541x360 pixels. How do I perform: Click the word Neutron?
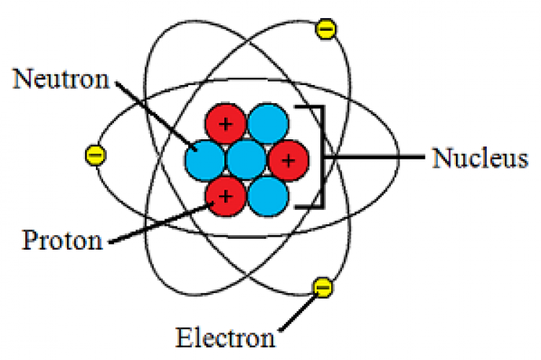(x=61, y=79)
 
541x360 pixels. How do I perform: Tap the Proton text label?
(x=63, y=240)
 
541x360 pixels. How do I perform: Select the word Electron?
(x=225, y=337)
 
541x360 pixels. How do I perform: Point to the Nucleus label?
(x=480, y=158)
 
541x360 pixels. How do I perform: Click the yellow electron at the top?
(x=325, y=29)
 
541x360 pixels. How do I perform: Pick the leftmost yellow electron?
(x=95, y=155)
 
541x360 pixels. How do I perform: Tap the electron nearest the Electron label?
(x=323, y=287)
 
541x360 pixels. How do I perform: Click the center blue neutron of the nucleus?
(x=247, y=160)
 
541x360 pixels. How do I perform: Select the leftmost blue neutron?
(x=205, y=161)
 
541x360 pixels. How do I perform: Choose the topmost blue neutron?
(x=268, y=123)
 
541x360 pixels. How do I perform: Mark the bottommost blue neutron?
(x=268, y=196)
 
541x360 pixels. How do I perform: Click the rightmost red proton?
(x=289, y=160)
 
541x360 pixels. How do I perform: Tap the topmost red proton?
(x=226, y=123)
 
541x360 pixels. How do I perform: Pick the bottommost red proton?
(x=226, y=196)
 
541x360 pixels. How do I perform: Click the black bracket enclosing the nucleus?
(x=322, y=157)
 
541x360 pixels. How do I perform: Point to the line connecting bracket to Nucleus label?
(x=374, y=157)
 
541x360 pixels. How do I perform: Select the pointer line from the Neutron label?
(x=157, y=116)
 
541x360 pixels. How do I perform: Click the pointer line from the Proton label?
(x=161, y=223)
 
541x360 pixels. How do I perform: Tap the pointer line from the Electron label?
(x=299, y=312)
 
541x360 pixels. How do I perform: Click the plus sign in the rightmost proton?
(x=289, y=160)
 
